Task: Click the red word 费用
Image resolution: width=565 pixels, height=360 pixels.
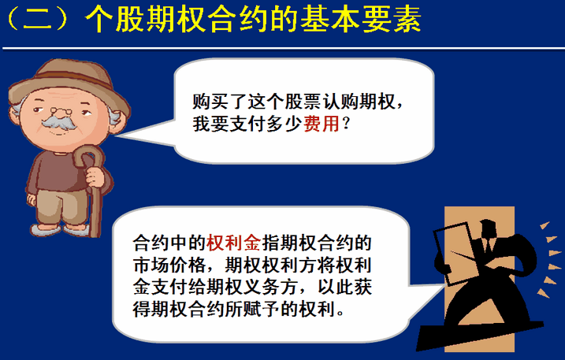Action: pyautogui.click(x=322, y=124)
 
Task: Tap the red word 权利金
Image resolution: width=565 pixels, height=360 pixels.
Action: pyautogui.click(x=233, y=243)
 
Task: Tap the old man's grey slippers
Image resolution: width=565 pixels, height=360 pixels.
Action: pyautogui.click(x=59, y=229)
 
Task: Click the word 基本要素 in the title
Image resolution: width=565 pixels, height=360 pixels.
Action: pyautogui.click(x=361, y=19)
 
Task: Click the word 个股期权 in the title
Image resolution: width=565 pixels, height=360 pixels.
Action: pyautogui.click(x=147, y=19)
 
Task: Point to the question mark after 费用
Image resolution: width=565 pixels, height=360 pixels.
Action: pyautogui.click(x=346, y=124)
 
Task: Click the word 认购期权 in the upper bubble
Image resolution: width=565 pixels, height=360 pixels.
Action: pyautogui.click(x=359, y=102)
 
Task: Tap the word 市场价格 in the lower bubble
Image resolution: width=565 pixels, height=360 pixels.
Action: pyautogui.click(x=169, y=265)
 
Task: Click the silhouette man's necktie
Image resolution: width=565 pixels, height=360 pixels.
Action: pyautogui.click(x=489, y=246)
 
